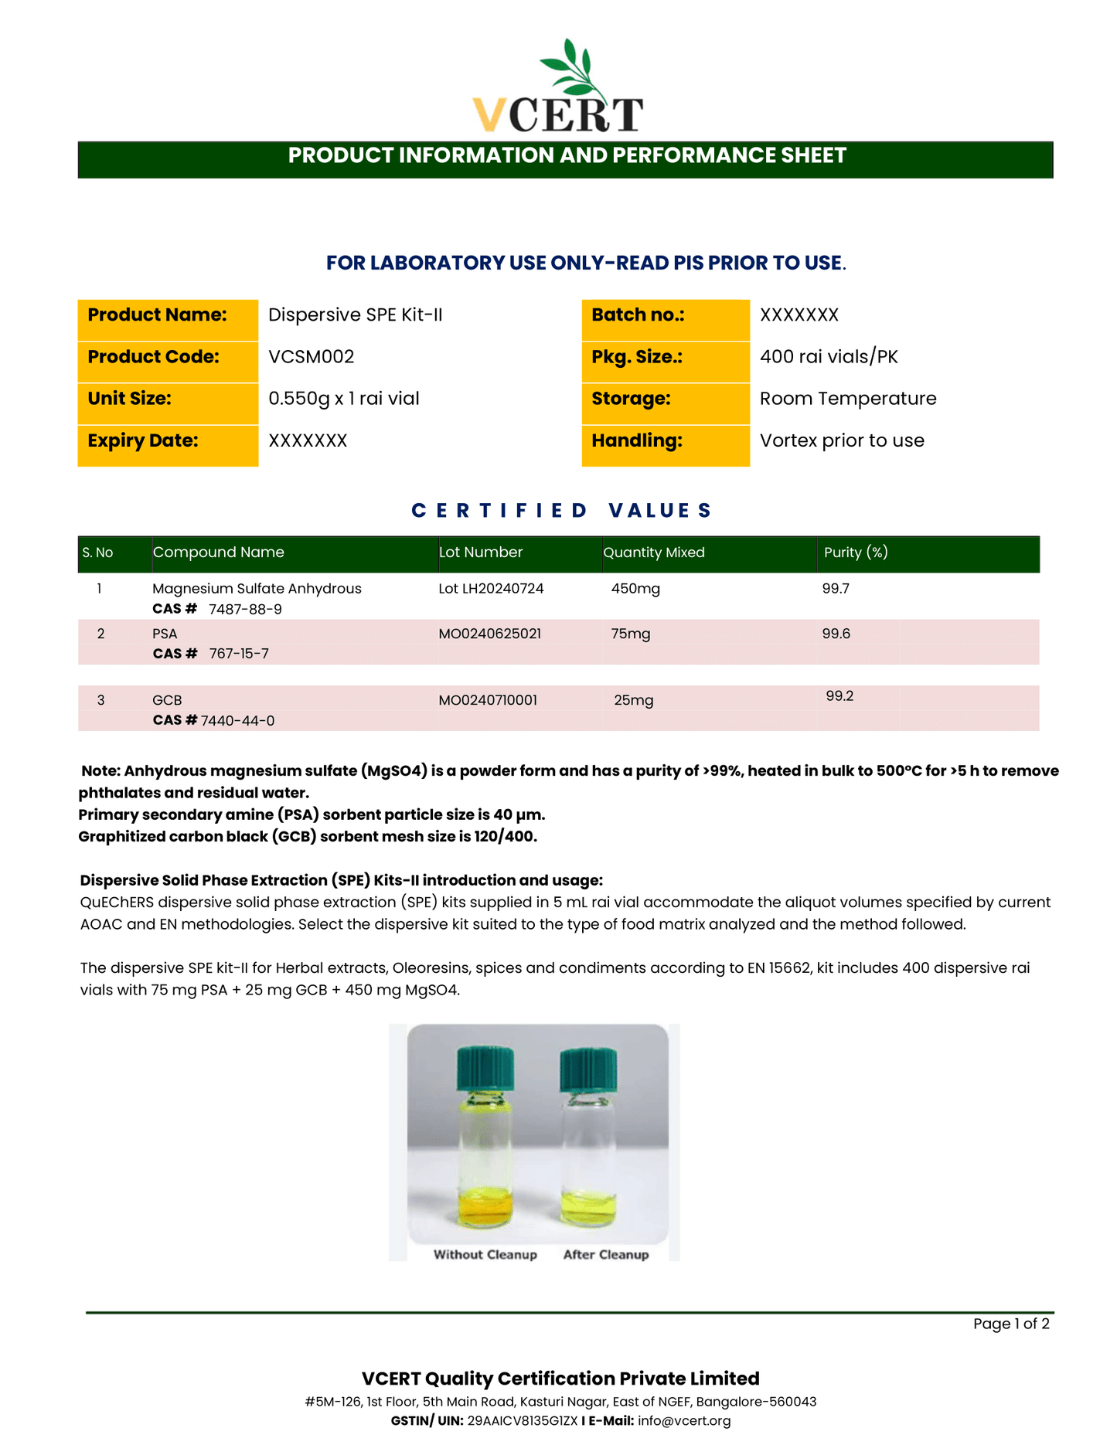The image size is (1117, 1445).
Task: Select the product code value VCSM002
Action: point(311,357)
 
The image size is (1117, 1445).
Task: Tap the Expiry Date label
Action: point(143,440)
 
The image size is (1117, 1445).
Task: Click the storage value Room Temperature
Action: point(847,399)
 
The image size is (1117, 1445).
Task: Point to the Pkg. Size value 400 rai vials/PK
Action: point(828,357)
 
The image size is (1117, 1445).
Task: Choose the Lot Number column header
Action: point(480,552)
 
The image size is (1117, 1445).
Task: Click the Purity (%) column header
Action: point(855,552)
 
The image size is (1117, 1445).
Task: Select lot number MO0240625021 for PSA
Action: point(489,634)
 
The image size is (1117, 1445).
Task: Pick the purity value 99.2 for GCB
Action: point(839,696)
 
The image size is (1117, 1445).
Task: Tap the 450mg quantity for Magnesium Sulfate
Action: point(635,589)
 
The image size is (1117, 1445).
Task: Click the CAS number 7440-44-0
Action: point(237,721)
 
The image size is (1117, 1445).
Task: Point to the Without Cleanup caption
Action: point(485,1254)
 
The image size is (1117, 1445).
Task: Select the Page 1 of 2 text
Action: point(1010,1324)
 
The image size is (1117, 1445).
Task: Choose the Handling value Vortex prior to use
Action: point(841,440)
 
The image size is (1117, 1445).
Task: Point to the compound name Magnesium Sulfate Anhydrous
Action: point(257,589)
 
